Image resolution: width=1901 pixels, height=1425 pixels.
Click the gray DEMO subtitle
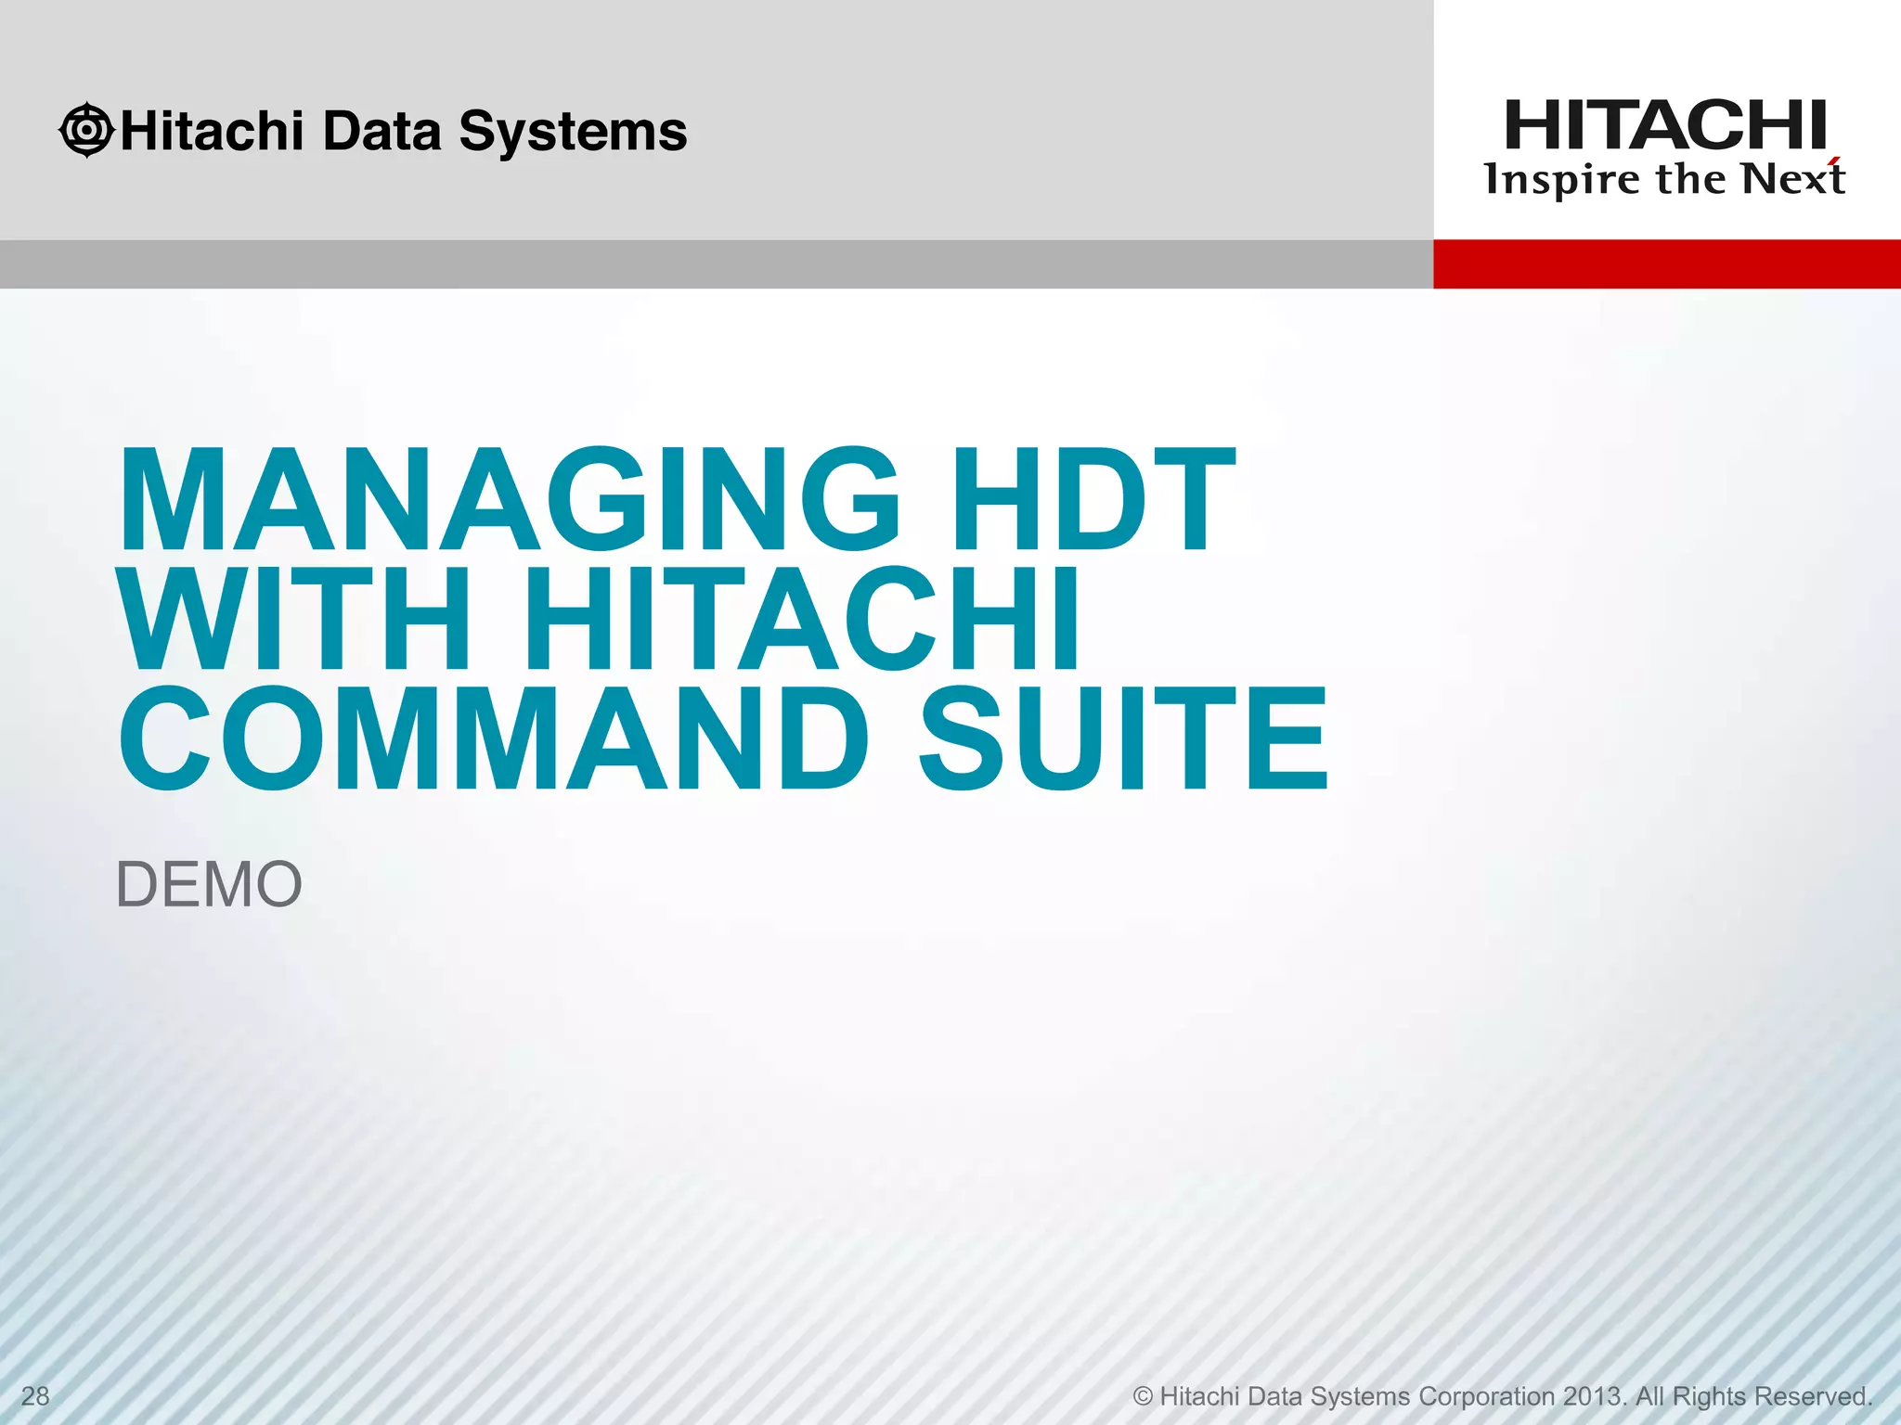209,884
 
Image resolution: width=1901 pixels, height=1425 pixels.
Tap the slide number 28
35,1396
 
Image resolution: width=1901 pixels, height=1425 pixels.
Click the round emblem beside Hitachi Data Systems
86,130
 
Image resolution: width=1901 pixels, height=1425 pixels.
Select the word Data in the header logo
381,130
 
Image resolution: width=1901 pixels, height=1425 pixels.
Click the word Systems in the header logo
573,132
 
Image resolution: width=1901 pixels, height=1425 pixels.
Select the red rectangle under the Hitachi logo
1666,263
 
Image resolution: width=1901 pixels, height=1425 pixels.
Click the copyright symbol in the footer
1143,1396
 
